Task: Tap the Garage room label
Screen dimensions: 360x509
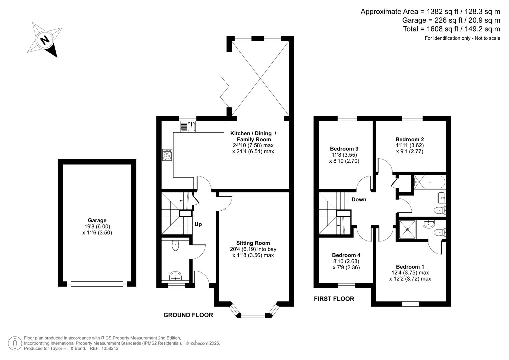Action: pyautogui.click(x=97, y=220)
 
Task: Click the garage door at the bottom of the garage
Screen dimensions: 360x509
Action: pyautogui.click(x=97, y=284)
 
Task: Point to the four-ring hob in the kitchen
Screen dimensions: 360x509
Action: pyautogui.click(x=167, y=155)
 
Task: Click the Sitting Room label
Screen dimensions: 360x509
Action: pyautogui.click(x=253, y=243)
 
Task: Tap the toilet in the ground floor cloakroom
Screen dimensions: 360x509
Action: pyautogui.click(x=175, y=246)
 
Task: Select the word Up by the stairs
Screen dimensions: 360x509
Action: pyautogui.click(x=198, y=224)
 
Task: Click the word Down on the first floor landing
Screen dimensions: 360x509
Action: pyautogui.click(x=359, y=199)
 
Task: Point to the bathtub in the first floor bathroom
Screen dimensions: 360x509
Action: pyautogui.click(x=429, y=182)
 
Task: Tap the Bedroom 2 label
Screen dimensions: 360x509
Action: pyautogui.click(x=410, y=139)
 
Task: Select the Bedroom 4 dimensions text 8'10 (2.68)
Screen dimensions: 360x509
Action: pyautogui.click(x=346, y=261)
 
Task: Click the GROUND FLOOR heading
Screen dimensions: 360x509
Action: pyautogui.click(x=188, y=315)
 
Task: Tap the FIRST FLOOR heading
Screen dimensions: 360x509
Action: pyautogui.click(x=334, y=299)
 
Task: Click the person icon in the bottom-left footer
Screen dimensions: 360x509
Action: pyautogui.click(x=15, y=343)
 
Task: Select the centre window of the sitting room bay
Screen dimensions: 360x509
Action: pyautogui.click(x=253, y=314)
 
